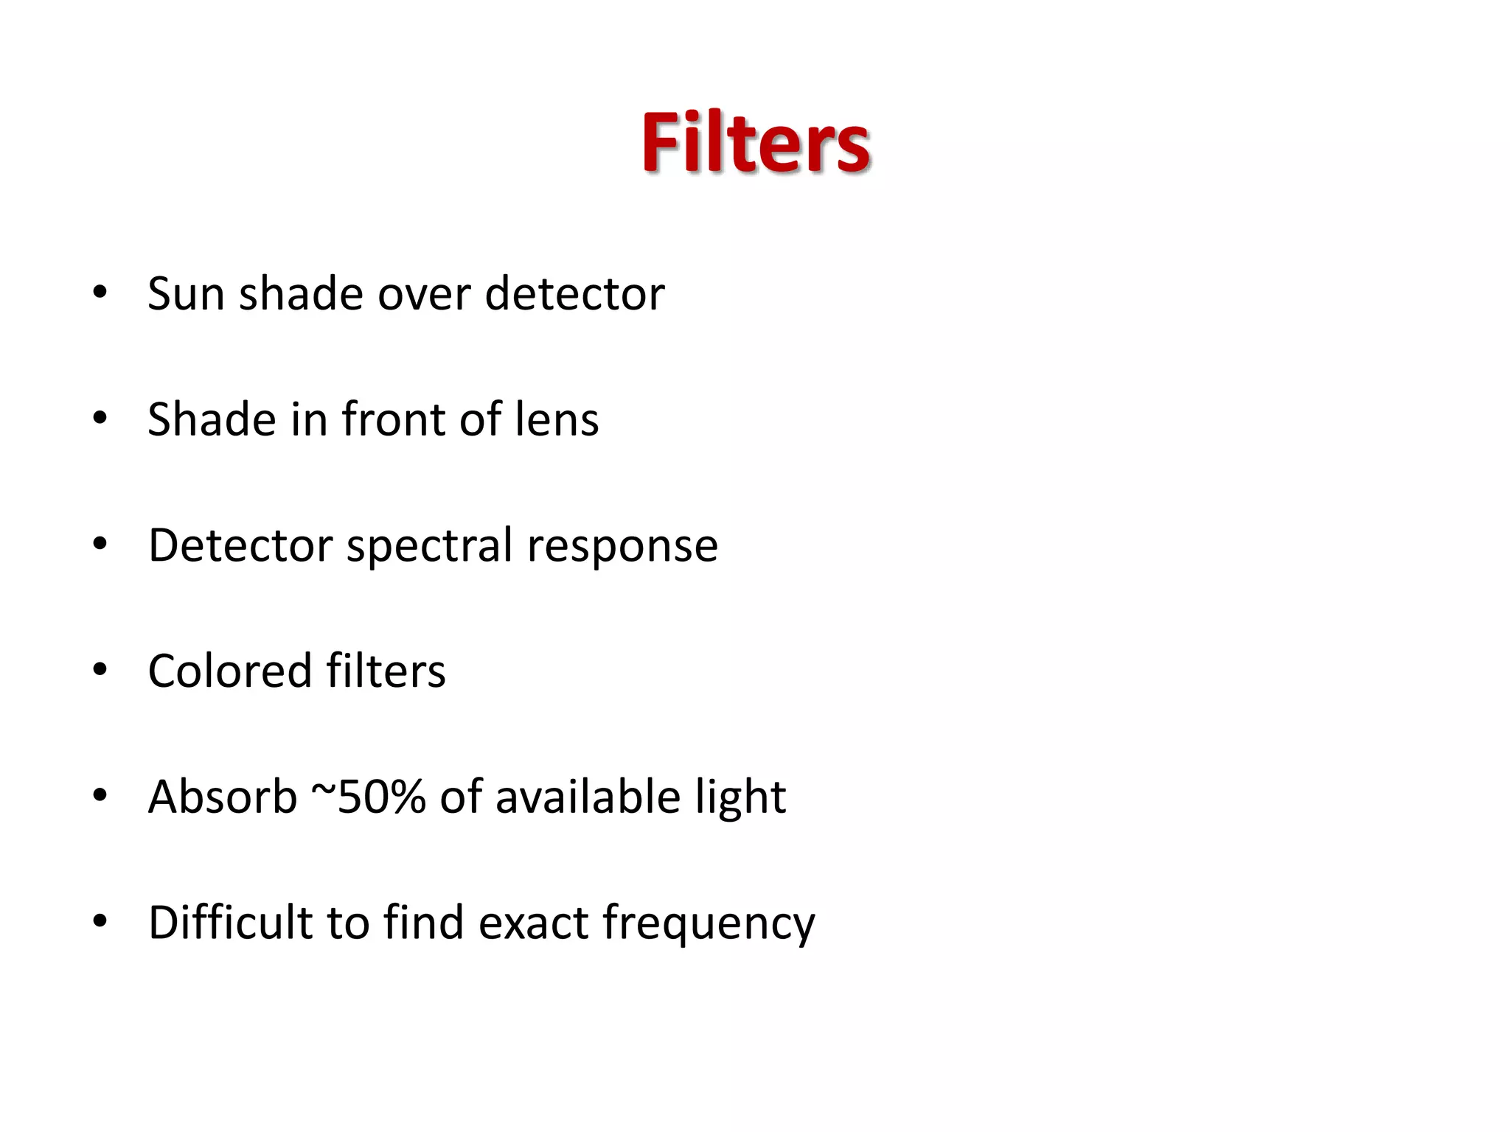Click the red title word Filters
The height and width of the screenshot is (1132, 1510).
click(755, 143)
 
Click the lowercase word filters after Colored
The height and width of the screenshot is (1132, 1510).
click(386, 671)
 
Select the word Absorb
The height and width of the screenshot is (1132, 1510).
click(222, 797)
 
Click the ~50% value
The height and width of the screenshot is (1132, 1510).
click(369, 797)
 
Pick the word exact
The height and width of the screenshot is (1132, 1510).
click(533, 923)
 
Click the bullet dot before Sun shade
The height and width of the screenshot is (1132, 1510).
click(100, 293)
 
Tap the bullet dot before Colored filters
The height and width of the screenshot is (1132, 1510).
click(100, 670)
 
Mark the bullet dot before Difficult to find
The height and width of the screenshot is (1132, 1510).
click(100, 921)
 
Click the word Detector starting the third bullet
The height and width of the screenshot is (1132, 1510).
click(240, 545)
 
